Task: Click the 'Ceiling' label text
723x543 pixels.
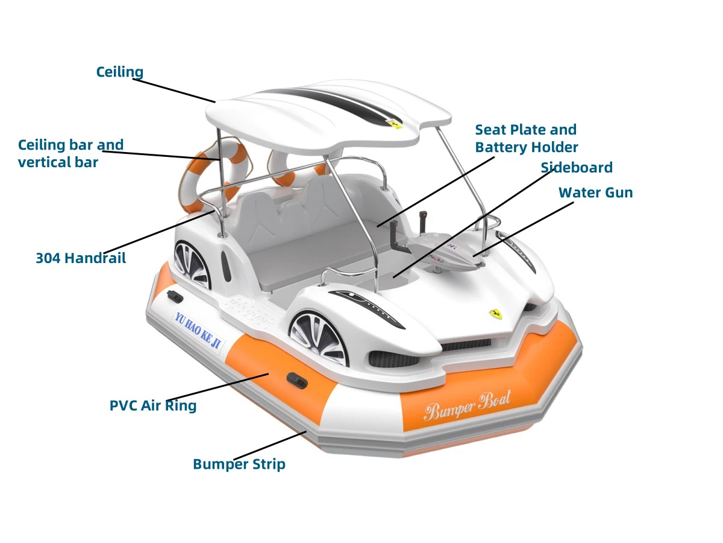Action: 120,72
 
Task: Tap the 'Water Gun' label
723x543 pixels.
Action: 595,192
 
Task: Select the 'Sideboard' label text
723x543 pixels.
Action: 576,167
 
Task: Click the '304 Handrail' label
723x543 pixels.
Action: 81,258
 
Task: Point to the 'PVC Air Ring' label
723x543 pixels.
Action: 153,405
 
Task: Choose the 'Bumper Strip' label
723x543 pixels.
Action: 239,464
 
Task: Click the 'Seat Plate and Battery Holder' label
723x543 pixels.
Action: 526,138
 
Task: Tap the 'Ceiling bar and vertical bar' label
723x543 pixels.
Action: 70,153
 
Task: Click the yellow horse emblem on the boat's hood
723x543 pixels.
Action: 496,314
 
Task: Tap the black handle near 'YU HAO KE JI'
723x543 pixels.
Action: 175,296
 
